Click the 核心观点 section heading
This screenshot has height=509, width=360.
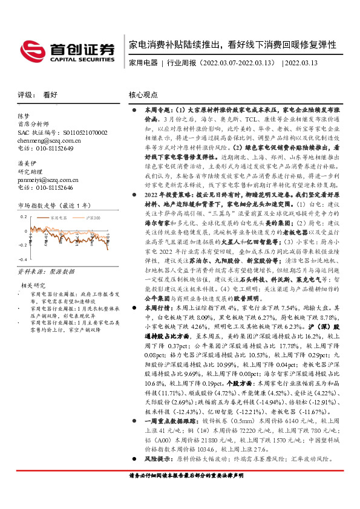click(x=143, y=95)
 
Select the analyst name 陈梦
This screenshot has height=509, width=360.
click(x=24, y=115)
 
